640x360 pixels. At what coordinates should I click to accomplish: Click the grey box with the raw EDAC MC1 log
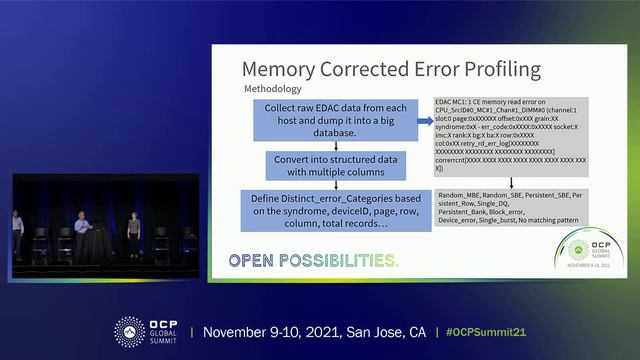pos(510,135)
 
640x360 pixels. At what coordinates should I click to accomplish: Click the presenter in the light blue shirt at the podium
pos(82,226)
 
